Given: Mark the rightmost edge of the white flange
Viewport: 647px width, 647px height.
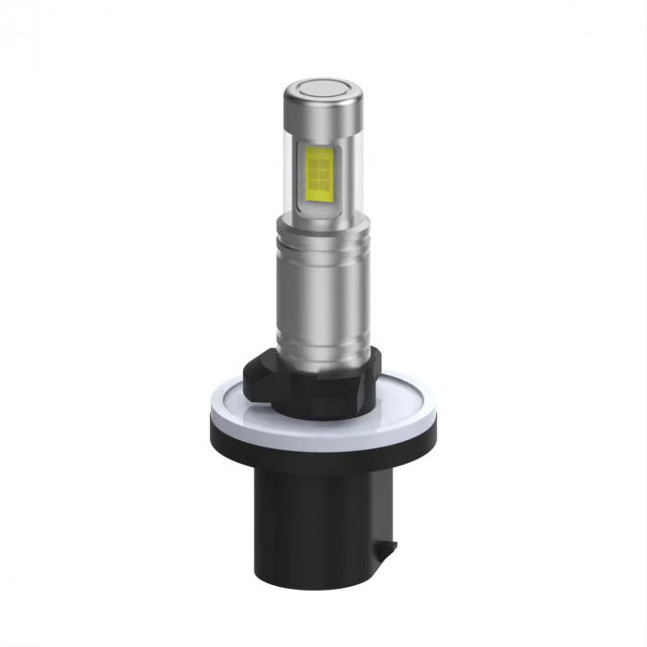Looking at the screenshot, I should click(438, 407).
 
